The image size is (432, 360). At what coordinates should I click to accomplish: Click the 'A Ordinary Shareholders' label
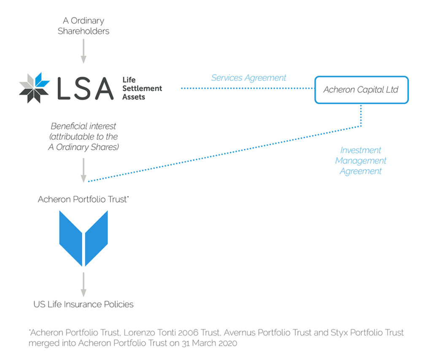pyautogui.click(x=84, y=26)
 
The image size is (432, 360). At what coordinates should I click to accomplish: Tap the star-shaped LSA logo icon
pyautogui.click(x=34, y=88)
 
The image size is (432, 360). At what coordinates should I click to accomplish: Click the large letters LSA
pyautogui.click(x=84, y=88)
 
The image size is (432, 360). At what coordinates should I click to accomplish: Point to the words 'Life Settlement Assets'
pyautogui.click(x=142, y=89)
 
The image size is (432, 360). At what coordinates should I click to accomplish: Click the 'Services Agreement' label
pyautogui.click(x=248, y=78)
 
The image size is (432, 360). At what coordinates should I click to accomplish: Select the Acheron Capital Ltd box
pyautogui.click(x=361, y=90)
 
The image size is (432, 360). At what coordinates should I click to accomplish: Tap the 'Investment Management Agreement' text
pyautogui.click(x=361, y=161)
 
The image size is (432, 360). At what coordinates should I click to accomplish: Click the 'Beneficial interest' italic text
pyautogui.click(x=84, y=126)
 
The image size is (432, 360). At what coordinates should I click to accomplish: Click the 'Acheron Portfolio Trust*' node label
pyautogui.click(x=83, y=199)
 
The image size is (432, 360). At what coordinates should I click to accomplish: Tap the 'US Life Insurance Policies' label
pyautogui.click(x=84, y=304)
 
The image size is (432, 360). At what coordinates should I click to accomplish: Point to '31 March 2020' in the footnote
pyautogui.click(x=213, y=343)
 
